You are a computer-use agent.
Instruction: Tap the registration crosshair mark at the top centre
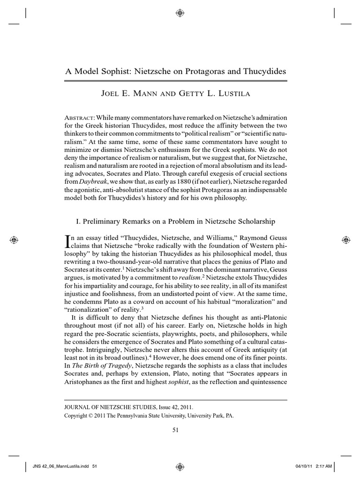click(x=180, y=13)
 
